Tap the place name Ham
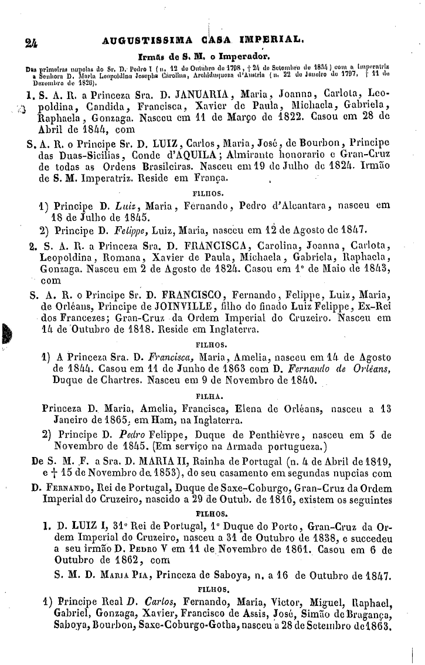[x=179, y=420]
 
